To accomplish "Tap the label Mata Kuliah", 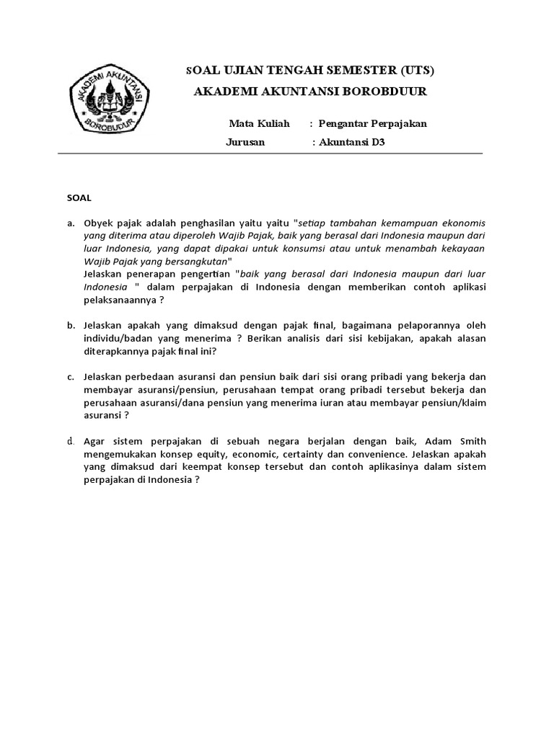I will click(259, 123).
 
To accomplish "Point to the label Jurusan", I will click(245, 142).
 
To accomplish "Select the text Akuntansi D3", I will click(351, 142).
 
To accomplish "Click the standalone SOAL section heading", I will click(79, 197).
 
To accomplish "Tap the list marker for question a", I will click(71, 223).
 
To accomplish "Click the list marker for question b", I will click(71, 326).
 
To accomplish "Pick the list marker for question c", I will click(71, 377).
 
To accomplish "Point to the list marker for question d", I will click(71, 441).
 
